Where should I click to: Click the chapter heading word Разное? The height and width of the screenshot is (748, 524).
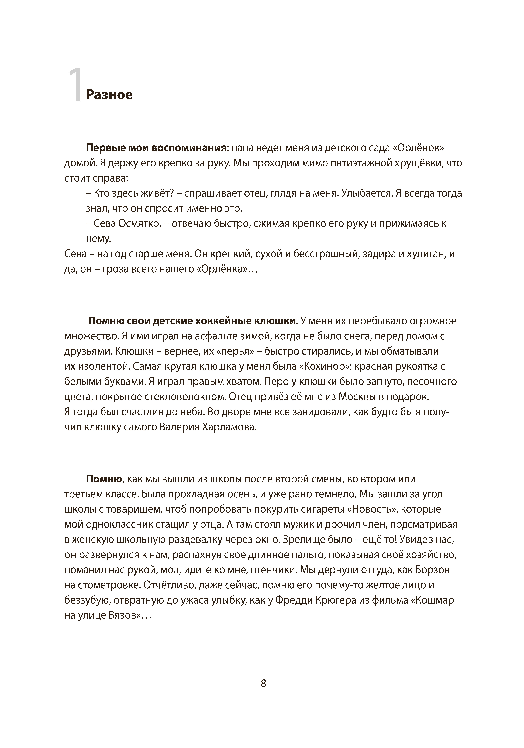point(109,95)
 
